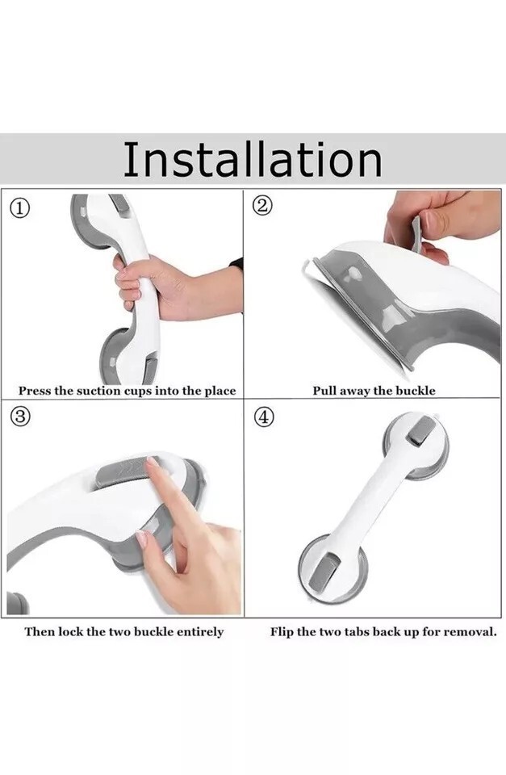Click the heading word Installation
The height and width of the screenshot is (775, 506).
(252, 159)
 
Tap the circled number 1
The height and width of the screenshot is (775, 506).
(21, 208)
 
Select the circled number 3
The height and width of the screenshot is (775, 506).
(20, 418)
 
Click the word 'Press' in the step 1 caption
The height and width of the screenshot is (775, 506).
(35, 391)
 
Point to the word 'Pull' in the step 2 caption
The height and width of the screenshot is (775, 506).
(324, 391)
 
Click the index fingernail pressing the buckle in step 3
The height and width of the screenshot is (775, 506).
(152, 466)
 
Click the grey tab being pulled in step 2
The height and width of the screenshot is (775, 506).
(416, 234)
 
